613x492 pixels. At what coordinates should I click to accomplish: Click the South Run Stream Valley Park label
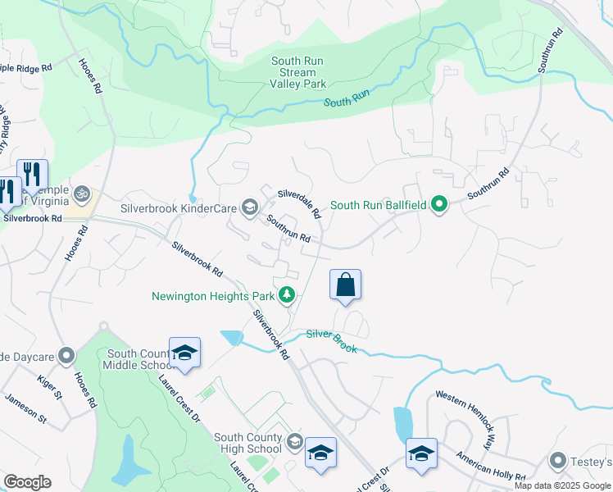[299, 72]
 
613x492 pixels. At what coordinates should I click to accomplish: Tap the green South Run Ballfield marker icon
[439, 205]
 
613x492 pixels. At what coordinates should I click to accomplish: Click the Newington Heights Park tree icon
[287, 294]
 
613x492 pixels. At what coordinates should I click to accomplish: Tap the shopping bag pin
[345, 286]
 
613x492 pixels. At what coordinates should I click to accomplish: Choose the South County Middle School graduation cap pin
[184, 353]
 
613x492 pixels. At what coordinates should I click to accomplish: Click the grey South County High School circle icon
[294, 444]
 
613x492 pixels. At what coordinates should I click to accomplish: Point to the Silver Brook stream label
[332, 341]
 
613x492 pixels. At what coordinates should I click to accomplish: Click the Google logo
[27, 482]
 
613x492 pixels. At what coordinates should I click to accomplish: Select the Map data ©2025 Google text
[561, 485]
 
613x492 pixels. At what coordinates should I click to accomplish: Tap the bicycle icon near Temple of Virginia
[80, 194]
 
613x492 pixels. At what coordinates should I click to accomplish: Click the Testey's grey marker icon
[559, 462]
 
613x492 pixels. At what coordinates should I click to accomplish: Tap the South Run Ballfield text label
[378, 205]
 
